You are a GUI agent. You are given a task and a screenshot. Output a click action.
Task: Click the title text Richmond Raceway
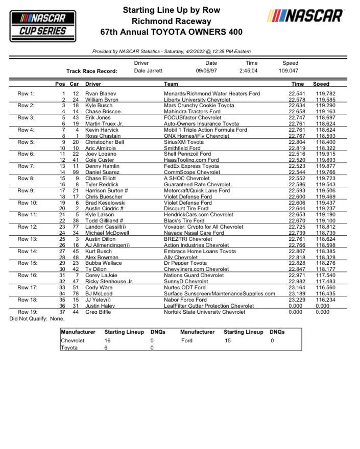[x=171, y=21]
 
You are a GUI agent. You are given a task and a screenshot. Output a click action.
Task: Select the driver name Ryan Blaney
[x=101, y=94]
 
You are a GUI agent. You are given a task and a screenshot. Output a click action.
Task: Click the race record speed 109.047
[x=289, y=71]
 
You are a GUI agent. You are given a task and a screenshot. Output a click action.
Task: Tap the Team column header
[x=171, y=84]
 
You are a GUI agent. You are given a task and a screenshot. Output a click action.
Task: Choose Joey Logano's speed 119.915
[x=325, y=155]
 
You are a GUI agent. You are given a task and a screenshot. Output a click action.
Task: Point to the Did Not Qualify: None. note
[x=37, y=318]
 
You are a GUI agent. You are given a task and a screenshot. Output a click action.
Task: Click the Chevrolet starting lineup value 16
[x=108, y=340]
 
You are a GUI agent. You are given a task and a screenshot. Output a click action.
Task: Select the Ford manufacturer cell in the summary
[x=186, y=340]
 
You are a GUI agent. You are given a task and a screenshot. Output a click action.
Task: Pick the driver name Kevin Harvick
[x=102, y=130]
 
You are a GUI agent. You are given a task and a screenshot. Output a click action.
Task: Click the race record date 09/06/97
[x=207, y=71]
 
